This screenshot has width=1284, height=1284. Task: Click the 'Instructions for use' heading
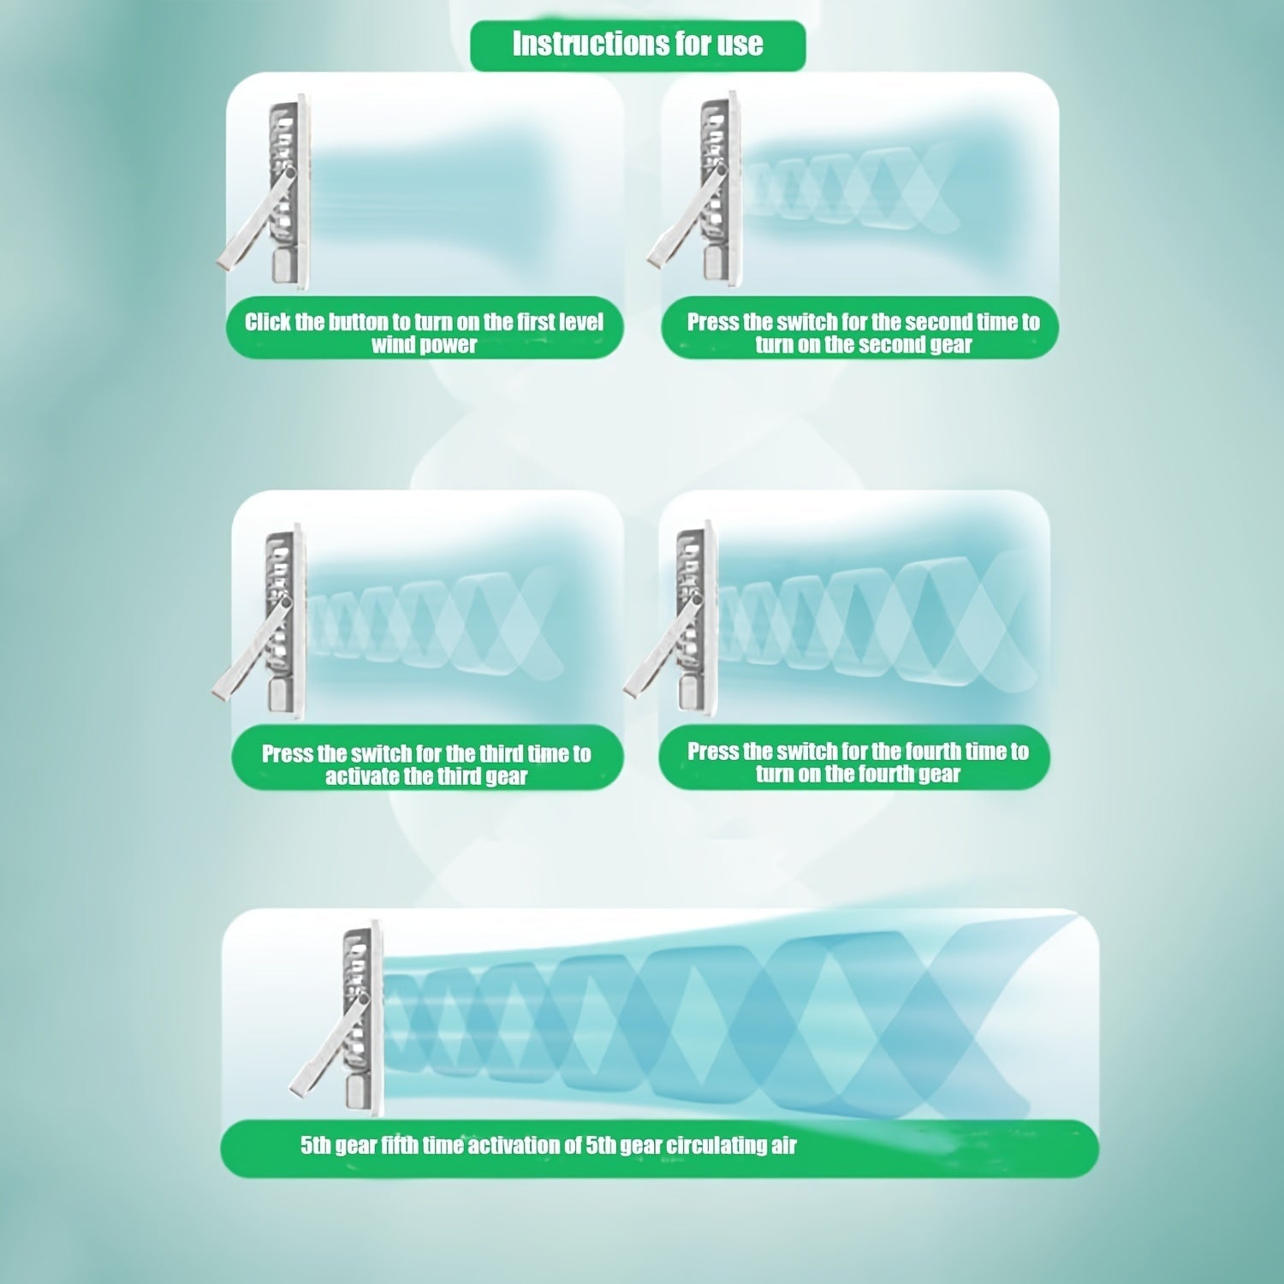pos(638,44)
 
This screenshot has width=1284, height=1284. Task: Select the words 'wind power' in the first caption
pos(424,345)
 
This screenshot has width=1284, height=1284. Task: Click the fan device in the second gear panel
pos(695,190)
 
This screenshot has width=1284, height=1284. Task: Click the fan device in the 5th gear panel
pos(337,1019)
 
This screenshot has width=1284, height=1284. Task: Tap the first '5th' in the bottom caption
pos(316,1145)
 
